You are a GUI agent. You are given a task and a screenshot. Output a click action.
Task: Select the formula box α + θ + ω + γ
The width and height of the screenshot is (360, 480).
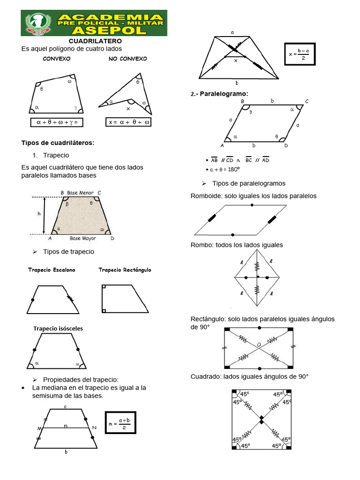(57, 122)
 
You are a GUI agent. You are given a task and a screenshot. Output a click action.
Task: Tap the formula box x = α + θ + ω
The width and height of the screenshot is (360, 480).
(129, 122)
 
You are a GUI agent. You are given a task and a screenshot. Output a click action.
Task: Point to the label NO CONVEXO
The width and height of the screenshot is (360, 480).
(127, 59)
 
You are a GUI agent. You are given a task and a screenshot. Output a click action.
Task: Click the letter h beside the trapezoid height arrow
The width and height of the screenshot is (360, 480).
(39, 214)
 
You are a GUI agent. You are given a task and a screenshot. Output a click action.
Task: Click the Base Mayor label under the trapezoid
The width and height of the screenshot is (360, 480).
(82, 238)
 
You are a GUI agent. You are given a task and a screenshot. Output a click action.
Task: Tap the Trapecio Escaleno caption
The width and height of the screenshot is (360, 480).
(52, 270)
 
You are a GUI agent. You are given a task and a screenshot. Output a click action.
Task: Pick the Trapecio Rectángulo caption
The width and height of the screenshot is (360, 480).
(125, 270)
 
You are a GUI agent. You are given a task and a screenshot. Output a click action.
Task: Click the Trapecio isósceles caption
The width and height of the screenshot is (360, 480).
(58, 329)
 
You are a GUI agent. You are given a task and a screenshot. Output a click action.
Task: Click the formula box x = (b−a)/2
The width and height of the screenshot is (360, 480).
(300, 54)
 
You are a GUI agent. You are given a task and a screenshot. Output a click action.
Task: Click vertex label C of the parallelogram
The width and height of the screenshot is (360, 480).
(307, 101)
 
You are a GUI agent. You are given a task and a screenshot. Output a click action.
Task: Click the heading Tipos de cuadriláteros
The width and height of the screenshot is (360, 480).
(58, 142)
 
